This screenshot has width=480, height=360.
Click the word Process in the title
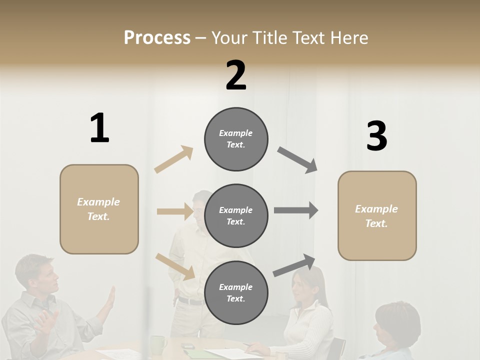click(x=157, y=38)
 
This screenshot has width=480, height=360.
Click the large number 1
click(x=99, y=128)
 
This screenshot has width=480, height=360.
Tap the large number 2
click(x=236, y=75)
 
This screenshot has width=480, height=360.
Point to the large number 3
click(x=376, y=136)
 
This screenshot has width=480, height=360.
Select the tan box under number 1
click(x=99, y=209)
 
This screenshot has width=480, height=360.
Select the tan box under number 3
click(x=377, y=216)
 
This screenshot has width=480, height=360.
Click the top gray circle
click(x=236, y=139)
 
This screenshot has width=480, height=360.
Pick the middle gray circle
click(x=236, y=215)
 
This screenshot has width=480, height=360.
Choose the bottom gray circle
click(x=236, y=292)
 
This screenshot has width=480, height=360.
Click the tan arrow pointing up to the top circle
click(x=173, y=159)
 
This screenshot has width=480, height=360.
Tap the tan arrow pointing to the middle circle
click(x=174, y=211)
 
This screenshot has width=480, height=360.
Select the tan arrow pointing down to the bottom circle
click(x=175, y=266)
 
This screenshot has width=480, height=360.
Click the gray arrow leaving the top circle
click(x=297, y=160)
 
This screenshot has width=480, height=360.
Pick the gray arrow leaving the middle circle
click(x=296, y=210)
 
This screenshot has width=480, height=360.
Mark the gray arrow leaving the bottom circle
click(x=294, y=265)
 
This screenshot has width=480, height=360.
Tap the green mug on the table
click(x=158, y=344)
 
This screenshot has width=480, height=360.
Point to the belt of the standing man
click(x=190, y=301)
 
